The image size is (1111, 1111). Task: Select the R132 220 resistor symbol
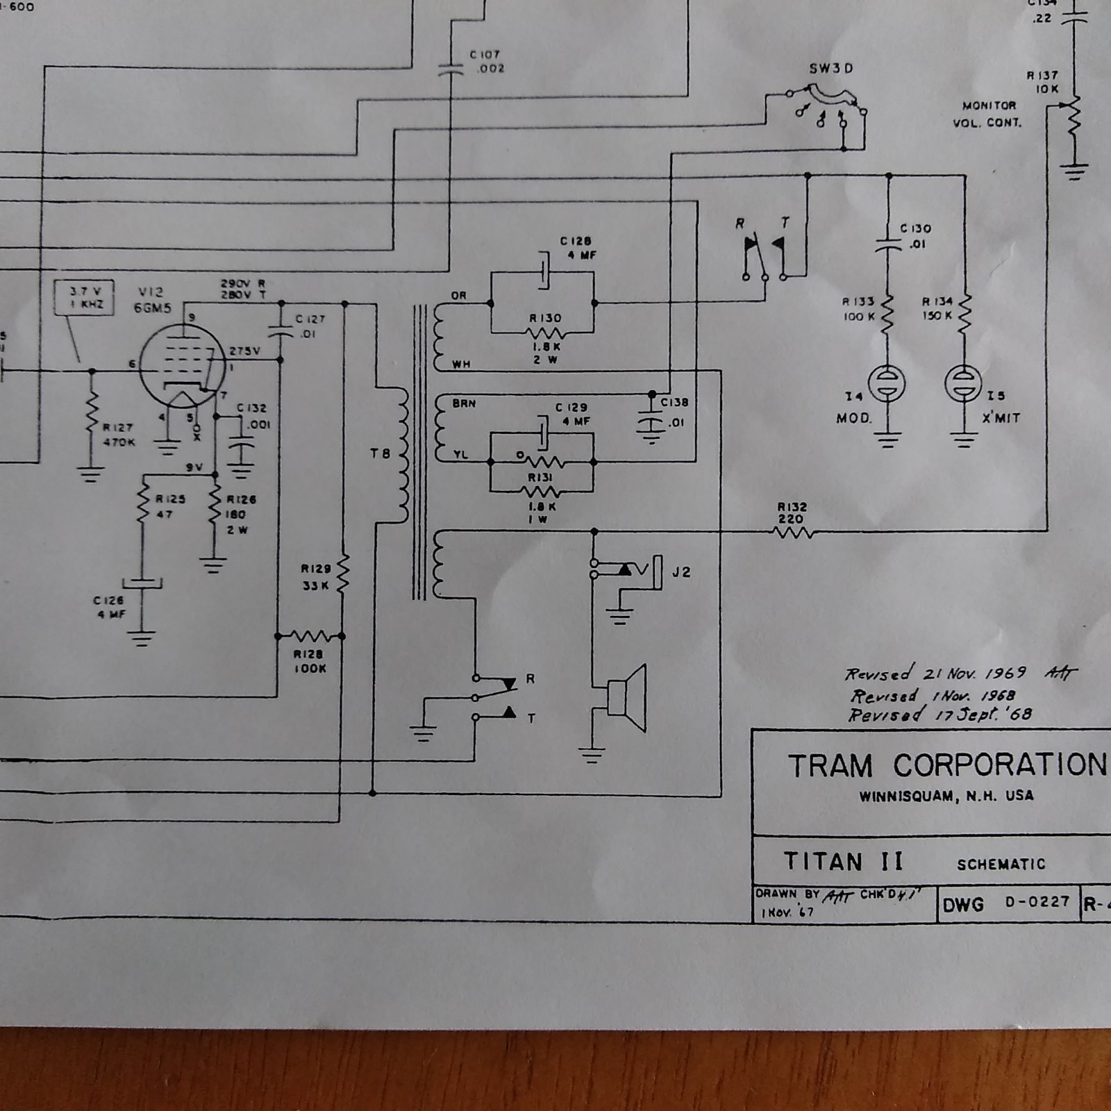pos(792,533)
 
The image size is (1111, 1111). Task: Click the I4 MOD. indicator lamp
pos(887,383)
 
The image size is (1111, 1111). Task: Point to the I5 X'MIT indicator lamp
pos(964,383)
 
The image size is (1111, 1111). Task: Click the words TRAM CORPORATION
pos(947,765)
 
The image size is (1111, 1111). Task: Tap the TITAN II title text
pos(843,862)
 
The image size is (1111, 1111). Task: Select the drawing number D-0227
pos(1037,902)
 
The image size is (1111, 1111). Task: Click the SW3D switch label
pos(830,69)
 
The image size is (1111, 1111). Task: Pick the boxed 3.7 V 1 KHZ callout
pos(85,298)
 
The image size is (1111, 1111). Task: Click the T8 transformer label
pos(380,454)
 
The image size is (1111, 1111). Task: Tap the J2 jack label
pos(681,572)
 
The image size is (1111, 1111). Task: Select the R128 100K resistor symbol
pos(310,635)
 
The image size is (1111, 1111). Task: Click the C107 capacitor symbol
pos(451,69)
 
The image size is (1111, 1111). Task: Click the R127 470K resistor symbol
pos(92,412)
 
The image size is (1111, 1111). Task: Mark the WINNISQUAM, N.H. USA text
pos(946,796)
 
